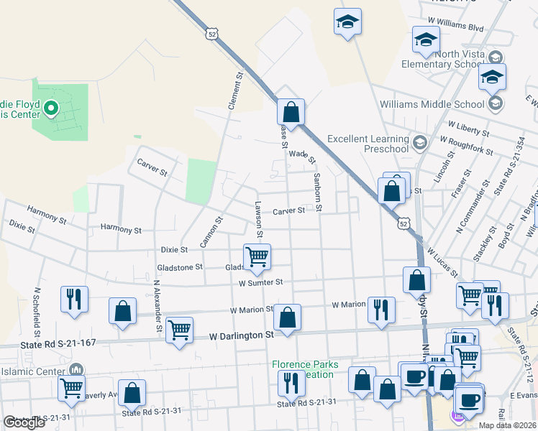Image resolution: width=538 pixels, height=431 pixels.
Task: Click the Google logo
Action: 24,422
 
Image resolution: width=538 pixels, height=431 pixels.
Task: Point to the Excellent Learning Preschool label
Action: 367,144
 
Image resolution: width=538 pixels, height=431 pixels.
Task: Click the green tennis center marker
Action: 50,109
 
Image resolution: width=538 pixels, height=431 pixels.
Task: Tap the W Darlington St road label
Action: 242,335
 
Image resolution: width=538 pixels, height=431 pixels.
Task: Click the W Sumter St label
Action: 261,283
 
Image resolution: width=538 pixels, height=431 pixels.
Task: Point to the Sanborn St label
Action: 316,192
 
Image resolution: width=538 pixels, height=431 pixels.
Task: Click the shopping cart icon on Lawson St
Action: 257,256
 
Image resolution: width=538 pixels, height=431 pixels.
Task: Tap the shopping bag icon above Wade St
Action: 291,112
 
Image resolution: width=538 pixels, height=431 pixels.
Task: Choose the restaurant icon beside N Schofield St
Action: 74,299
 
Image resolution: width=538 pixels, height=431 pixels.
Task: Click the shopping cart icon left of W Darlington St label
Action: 179,330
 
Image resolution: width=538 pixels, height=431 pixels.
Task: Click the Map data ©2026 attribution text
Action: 506,425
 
